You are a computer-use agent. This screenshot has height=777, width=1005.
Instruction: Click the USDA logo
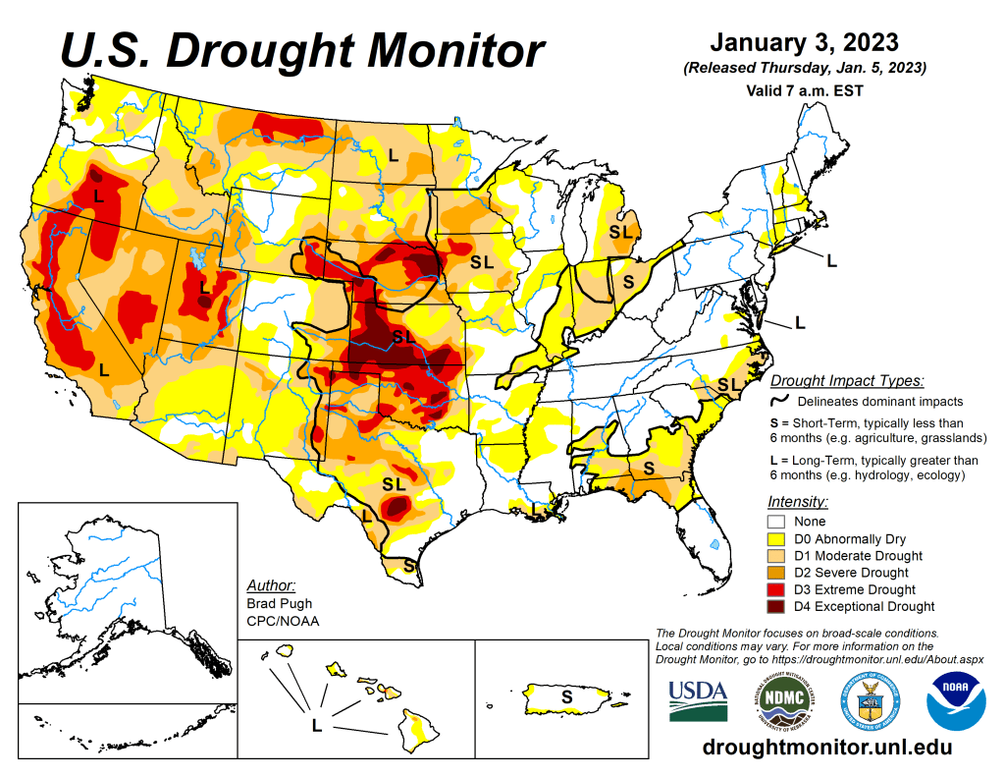tap(698, 699)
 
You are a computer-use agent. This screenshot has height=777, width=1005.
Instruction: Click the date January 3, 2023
tap(804, 43)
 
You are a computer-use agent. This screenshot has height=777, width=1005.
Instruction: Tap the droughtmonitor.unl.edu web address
tap(827, 749)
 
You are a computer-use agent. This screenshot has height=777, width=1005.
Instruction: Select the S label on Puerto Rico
tap(566, 696)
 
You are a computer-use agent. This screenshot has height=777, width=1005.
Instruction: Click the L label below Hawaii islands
tap(316, 726)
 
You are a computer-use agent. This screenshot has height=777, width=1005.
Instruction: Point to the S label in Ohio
tap(629, 280)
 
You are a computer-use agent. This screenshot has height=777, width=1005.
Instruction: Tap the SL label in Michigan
tap(620, 232)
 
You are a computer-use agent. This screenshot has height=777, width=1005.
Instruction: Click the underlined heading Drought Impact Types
tap(847, 381)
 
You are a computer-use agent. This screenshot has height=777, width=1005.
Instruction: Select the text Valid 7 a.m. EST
tap(804, 91)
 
